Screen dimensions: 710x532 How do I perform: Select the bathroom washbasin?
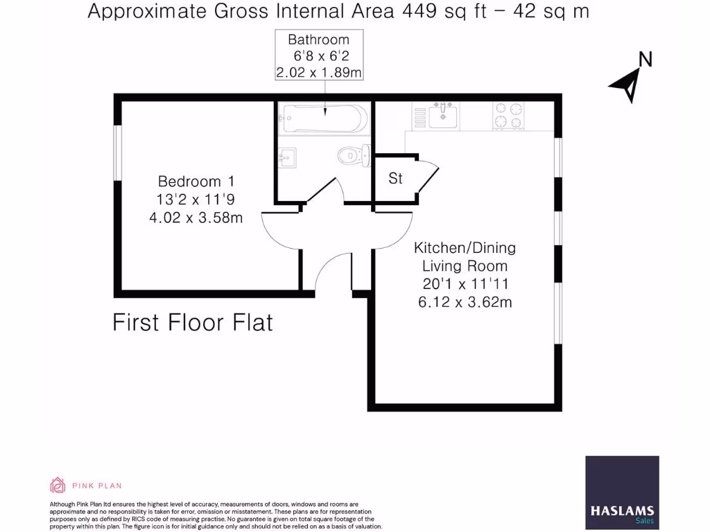(x=287, y=157)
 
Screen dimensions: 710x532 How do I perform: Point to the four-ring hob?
(x=508, y=116)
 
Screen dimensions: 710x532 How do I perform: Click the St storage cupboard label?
(x=395, y=179)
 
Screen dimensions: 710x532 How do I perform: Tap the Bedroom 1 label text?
(x=196, y=181)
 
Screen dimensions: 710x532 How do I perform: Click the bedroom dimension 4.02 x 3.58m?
(x=196, y=218)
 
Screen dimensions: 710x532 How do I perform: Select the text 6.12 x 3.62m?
(x=465, y=302)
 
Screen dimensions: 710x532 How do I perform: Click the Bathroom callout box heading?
(x=319, y=39)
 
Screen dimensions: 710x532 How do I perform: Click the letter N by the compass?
(x=646, y=60)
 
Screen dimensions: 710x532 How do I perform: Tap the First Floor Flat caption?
(x=193, y=323)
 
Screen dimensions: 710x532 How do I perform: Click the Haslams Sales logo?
(x=622, y=493)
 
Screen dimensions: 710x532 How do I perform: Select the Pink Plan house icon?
(x=58, y=485)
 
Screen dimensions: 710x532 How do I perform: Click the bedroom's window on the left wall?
(x=118, y=152)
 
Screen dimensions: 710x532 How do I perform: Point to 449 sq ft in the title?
(x=444, y=12)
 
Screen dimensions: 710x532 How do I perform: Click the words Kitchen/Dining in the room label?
(x=465, y=247)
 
